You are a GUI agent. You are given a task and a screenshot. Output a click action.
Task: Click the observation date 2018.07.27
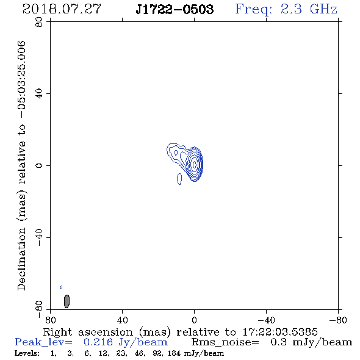pos(62,9)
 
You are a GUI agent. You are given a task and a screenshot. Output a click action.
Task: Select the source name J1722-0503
pos(175,9)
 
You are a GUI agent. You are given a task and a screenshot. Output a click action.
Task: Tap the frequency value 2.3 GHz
pos(309,9)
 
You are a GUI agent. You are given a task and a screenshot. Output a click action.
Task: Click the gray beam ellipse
pos(67,301)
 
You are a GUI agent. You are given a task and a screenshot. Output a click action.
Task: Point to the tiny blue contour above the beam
pos(61,287)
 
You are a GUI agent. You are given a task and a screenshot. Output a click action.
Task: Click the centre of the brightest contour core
pos(195,164)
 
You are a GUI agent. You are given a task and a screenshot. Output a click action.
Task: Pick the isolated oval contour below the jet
pos(179,179)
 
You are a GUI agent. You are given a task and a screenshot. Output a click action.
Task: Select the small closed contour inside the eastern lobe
pos(176,153)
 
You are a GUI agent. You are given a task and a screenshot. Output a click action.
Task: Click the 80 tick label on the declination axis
pos(39,22)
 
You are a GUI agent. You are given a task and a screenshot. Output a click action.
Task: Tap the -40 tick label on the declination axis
pos(39,237)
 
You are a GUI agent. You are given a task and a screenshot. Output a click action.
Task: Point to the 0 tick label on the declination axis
pos(39,165)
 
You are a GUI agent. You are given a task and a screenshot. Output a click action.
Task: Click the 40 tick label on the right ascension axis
pos(122,320)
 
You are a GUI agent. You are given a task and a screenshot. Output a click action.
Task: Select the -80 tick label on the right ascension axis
pos(338,320)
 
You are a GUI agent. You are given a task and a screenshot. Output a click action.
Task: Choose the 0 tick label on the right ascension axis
pos(194,320)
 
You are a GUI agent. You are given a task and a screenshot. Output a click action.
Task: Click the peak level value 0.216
pos(98,342)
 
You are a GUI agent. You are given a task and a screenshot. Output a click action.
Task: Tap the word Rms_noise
pos(225,342)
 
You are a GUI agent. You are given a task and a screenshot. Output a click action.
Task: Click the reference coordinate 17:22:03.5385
pos(280,332)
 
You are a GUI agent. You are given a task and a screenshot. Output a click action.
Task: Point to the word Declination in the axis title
pos(21,259)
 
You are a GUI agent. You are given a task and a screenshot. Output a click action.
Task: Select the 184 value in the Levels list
pos(174,353)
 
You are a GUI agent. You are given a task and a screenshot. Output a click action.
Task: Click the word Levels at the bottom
pos(27,353)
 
